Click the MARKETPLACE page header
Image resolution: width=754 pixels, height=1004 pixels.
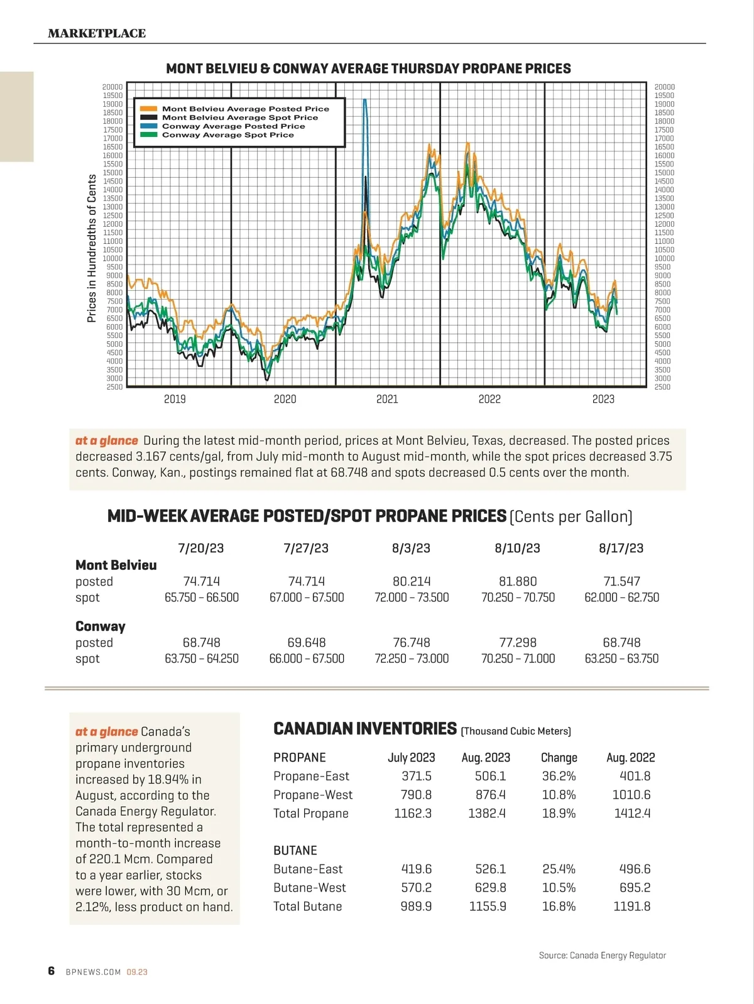pos(97,33)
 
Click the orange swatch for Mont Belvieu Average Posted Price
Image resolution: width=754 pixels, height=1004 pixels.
pos(148,109)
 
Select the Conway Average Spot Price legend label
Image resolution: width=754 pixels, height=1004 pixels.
pos(227,135)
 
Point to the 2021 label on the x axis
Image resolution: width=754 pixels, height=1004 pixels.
pos(387,399)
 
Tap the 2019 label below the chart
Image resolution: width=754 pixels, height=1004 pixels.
pos(175,399)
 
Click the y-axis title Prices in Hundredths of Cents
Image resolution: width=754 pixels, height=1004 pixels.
pos(92,248)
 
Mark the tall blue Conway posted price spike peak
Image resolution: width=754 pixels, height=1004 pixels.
pos(365,101)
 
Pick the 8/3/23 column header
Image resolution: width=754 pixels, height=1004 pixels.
pos(411,548)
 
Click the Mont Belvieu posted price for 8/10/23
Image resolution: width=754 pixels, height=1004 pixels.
pos(518,581)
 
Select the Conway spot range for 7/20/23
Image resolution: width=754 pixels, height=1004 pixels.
pos(202,658)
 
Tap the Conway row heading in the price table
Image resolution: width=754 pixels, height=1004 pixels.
pos(101,626)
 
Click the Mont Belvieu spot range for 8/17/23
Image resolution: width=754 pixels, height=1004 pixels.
pos(621,597)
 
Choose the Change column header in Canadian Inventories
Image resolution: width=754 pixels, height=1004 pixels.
pos(559,758)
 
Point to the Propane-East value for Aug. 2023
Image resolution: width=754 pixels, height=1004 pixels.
pos(490,776)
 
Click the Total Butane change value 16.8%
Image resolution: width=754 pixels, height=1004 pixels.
pos(559,906)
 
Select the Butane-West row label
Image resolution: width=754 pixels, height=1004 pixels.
pos(309,888)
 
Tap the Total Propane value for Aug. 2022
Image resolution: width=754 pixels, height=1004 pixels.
pos(632,813)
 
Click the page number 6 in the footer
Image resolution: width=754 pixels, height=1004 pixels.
pos(52,971)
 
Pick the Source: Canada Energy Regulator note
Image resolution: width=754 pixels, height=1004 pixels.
pos(602,955)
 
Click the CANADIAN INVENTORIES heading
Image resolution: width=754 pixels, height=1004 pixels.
pos(365,729)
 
